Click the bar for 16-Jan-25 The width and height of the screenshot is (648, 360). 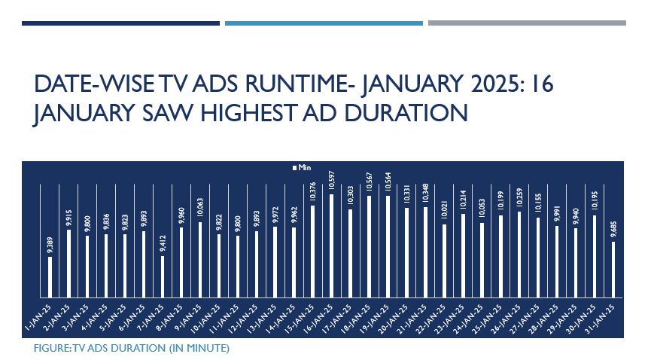(x=332, y=246)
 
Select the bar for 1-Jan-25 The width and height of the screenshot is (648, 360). (x=50, y=276)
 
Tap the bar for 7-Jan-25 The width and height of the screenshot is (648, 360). (x=163, y=276)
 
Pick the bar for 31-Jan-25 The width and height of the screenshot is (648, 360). (x=613, y=269)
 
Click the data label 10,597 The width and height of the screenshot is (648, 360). (x=332, y=182)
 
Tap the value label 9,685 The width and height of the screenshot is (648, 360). (x=613, y=229)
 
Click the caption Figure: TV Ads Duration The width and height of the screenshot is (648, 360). (x=131, y=349)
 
